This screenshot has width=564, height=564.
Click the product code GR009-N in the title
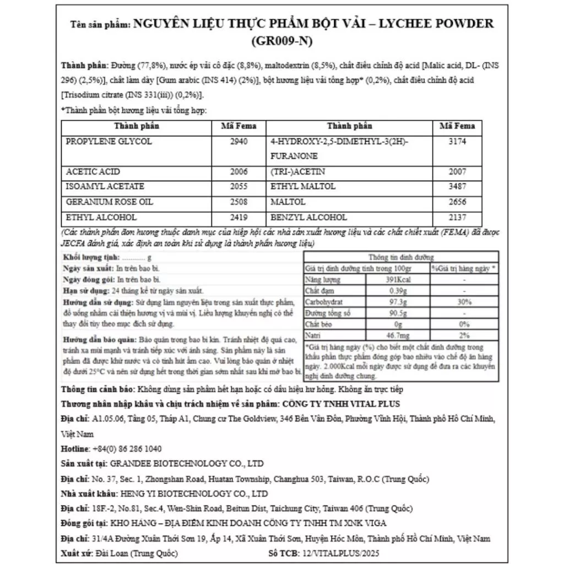(281, 41)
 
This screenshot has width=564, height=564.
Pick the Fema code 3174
(457, 142)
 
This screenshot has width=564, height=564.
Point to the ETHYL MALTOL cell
(303, 187)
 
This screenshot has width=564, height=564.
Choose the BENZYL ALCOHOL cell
(309, 217)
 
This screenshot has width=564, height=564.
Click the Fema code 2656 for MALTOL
(457, 202)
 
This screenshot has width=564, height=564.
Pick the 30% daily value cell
(464, 302)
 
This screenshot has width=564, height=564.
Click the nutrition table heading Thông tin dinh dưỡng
(401, 257)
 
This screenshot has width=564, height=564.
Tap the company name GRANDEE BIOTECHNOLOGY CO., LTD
(187, 463)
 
